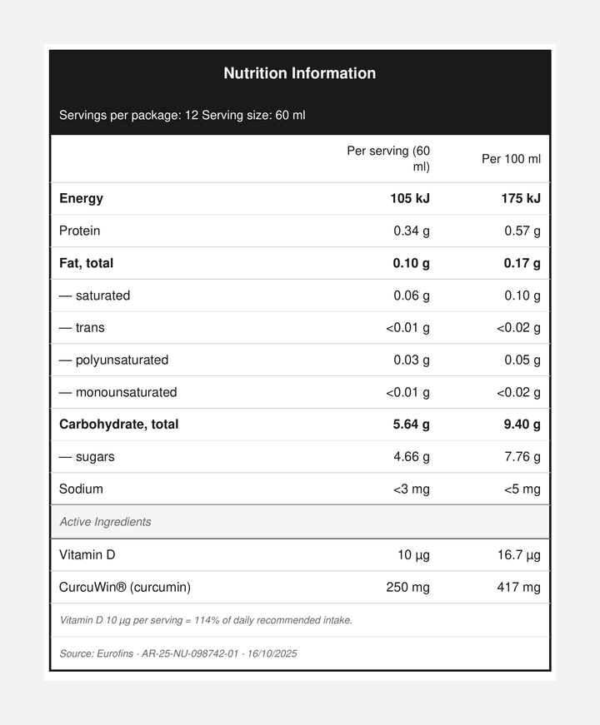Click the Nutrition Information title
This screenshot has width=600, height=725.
300,73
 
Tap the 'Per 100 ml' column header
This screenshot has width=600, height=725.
511,159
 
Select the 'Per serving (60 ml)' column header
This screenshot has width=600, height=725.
388,159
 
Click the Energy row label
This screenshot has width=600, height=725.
82,198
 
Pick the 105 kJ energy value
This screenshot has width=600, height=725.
410,198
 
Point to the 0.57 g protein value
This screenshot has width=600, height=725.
522,231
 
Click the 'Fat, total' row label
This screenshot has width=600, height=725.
87,263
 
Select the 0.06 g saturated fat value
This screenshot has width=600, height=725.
412,295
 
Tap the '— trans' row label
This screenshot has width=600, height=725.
82,328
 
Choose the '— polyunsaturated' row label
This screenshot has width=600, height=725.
114,360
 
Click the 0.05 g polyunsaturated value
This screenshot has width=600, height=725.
522,360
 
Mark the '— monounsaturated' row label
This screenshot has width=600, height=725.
118,392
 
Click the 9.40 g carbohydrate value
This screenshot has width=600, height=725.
522,425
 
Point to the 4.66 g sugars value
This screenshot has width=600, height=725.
412,457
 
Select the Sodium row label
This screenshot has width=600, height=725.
82,489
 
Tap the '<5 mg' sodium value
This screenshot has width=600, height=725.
522,489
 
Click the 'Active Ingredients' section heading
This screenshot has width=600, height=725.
106,522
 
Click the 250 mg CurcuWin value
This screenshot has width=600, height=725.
408,587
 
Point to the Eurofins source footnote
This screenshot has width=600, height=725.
178,653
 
